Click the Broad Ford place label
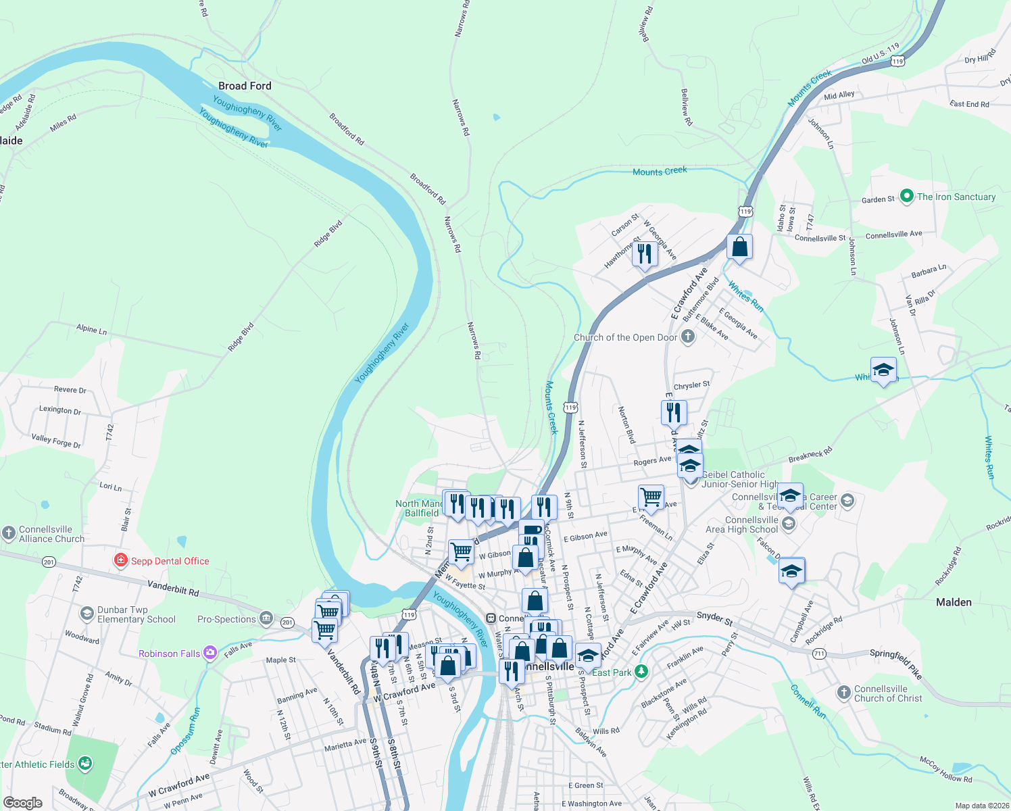tap(245, 86)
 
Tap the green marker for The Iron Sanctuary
tap(907, 197)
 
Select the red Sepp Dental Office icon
tap(121, 560)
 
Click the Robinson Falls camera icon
tap(209, 653)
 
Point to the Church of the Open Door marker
tap(688, 337)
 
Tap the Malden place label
tap(954, 602)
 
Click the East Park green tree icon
tap(641, 672)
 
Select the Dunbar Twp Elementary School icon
tap(87, 614)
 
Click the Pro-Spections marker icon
tap(266, 618)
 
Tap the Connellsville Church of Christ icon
tap(843, 693)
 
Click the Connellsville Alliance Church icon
tap(8, 533)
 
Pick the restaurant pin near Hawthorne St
tap(645, 254)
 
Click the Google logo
tap(22, 803)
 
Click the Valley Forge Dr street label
tap(56, 441)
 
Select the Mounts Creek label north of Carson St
tap(660, 172)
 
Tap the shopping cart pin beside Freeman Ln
tap(651, 497)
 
